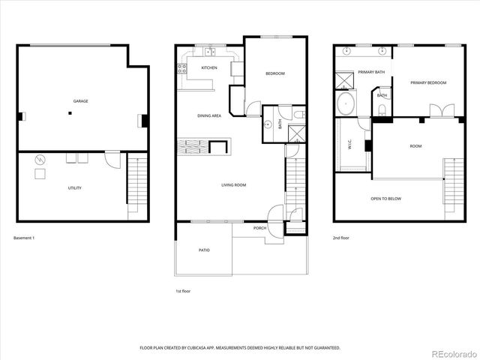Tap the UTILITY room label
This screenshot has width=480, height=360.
[x=74, y=188]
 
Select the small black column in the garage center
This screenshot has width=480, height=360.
[x=70, y=114]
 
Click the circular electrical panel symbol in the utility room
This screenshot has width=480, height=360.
[x=40, y=160]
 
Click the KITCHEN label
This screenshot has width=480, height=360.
[x=209, y=67]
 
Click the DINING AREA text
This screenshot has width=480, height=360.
[x=208, y=115]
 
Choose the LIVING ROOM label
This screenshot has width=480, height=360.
[x=233, y=184]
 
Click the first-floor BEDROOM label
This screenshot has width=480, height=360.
[x=274, y=73]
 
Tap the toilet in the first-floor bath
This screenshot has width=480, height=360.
[x=298, y=114]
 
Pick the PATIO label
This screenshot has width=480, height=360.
[x=203, y=250]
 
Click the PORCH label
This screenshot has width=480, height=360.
[x=259, y=228]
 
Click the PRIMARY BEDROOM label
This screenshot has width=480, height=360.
[x=427, y=82]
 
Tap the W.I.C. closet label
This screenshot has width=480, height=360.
[x=349, y=147]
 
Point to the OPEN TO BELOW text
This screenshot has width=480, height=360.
[x=385, y=199]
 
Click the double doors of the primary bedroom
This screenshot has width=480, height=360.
[x=440, y=111]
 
